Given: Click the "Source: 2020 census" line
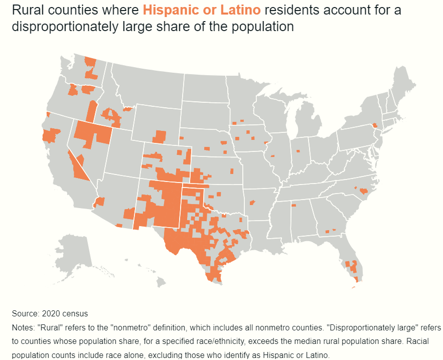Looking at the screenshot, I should [50, 314].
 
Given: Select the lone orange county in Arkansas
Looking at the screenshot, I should [252, 203].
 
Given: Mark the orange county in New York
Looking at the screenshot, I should [374, 125].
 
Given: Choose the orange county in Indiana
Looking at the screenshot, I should [299, 150].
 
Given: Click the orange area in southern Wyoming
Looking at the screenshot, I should [160, 136].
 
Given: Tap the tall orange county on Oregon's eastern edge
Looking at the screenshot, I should [92, 111].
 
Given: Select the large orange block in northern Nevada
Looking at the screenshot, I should [93, 133].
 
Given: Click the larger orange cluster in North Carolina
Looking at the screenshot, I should [364, 191].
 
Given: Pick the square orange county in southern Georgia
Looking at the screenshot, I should [327, 231].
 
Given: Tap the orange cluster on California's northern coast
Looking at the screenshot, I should [50, 135].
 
